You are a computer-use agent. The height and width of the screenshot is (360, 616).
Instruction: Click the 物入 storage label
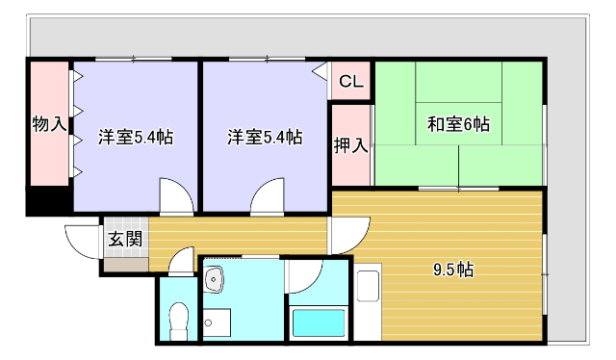click(x=49, y=123)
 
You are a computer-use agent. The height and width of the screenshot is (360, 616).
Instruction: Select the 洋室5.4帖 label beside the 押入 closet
click(x=265, y=137)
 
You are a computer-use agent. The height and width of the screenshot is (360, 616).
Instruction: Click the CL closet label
click(x=351, y=83)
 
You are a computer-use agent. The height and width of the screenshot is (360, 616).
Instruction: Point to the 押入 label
click(x=350, y=146)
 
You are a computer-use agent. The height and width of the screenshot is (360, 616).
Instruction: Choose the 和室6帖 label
click(x=458, y=124)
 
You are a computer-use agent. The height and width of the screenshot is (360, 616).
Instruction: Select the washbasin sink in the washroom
click(x=216, y=280)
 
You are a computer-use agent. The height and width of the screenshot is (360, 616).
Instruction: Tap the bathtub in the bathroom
click(x=319, y=322)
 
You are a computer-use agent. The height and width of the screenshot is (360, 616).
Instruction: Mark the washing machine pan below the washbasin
click(x=218, y=323)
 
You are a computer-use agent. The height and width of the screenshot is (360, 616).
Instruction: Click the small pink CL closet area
click(x=351, y=83)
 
